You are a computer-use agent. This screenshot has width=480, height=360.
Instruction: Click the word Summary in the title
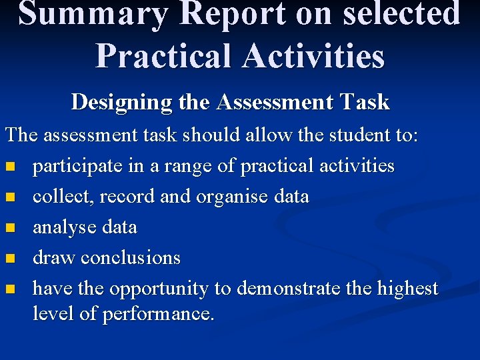click(x=93, y=15)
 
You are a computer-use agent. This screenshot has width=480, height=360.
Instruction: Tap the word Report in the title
click(x=227, y=15)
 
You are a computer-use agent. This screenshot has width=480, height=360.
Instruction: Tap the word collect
click(x=57, y=197)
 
